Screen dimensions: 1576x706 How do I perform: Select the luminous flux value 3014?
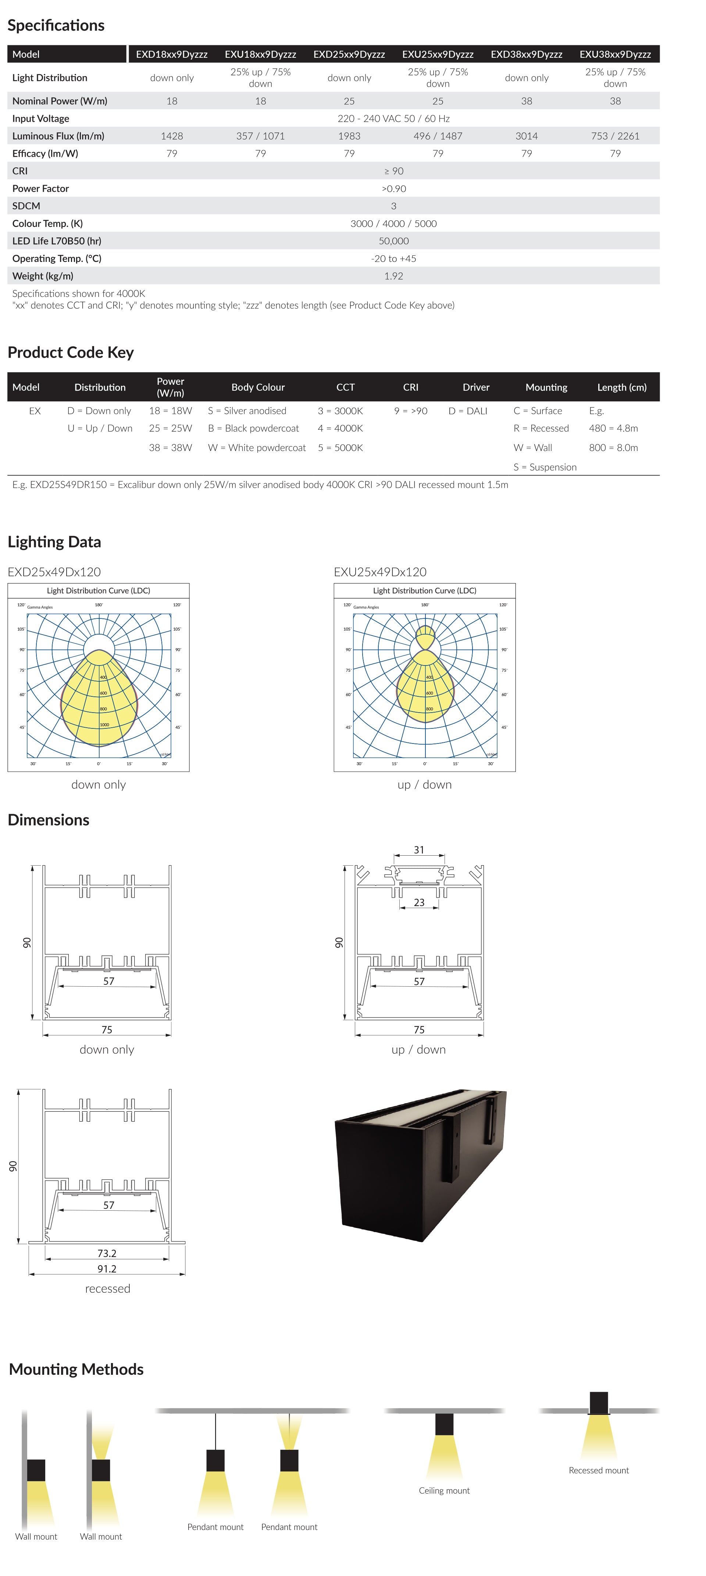tap(526, 136)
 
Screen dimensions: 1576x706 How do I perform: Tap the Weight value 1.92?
tap(394, 276)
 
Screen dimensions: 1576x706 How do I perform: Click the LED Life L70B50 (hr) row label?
tap(57, 241)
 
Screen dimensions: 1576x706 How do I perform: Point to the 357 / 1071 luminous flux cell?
tap(260, 136)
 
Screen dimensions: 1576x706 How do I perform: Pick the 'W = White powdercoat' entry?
tap(257, 448)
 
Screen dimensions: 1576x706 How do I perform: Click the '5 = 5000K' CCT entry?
tap(340, 448)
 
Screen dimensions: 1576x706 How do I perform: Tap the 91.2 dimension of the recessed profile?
tap(107, 1269)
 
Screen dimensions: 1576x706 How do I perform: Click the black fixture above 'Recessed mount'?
tap(598, 1403)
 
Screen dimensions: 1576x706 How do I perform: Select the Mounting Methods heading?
tap(76, 1369)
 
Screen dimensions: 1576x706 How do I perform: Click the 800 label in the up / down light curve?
tap(430, 709)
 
